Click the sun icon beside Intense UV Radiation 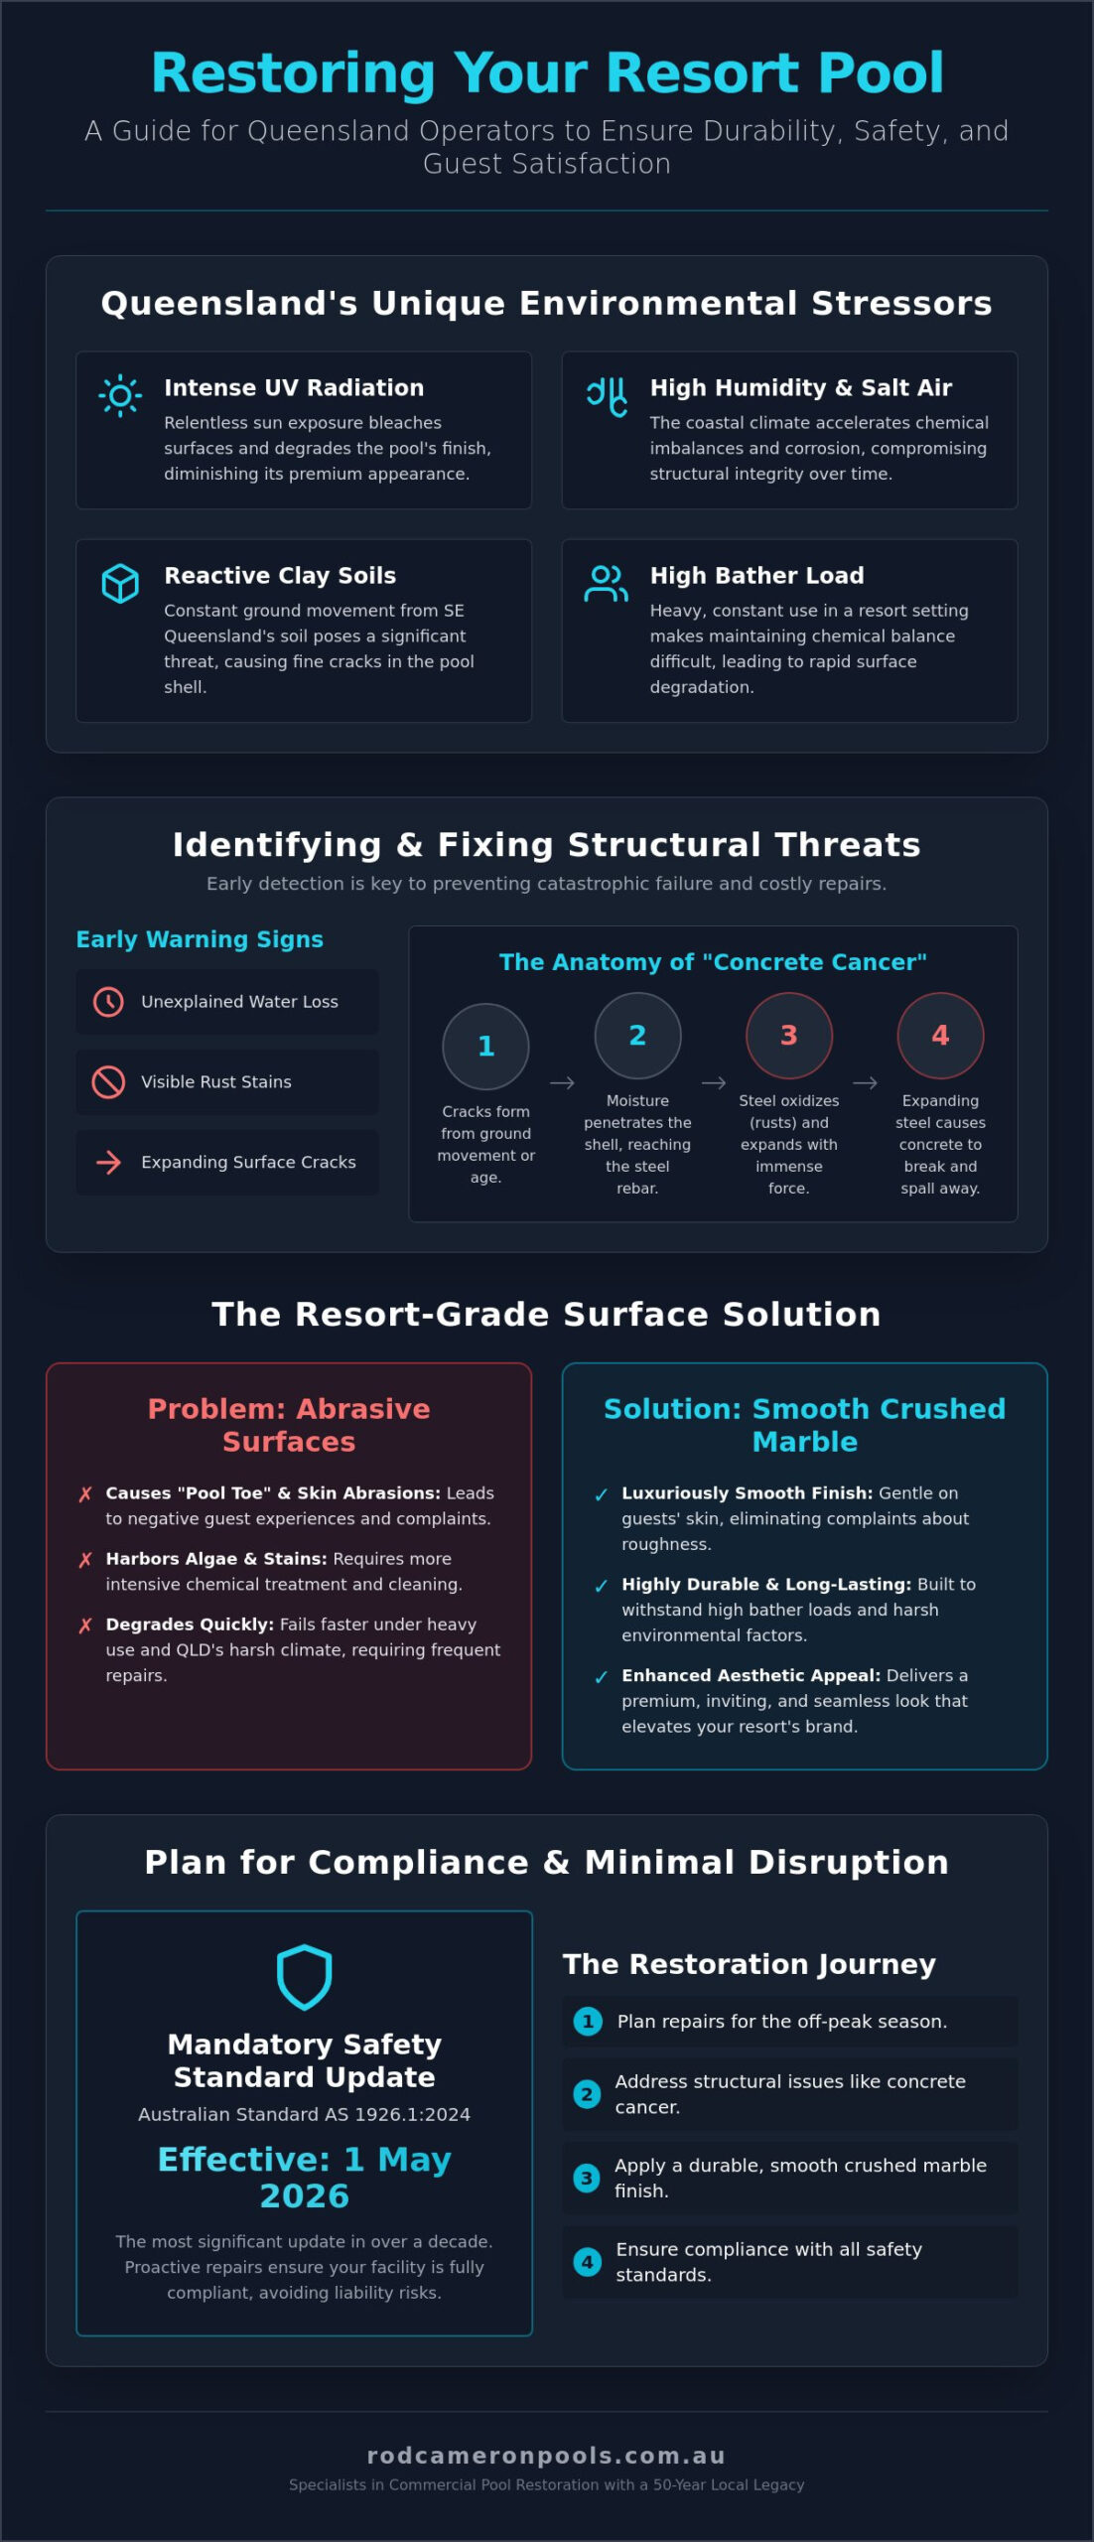tap(120, 396)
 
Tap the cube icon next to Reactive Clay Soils tap(120, 584)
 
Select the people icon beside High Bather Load tap(606, 584)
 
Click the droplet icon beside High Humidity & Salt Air tap(607, 396)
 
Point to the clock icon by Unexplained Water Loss tap(108, 1002)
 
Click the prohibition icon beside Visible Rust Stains tap(108, 1082)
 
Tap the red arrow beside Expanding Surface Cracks tap(108, 1163)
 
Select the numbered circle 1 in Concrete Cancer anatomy tap(485, 1047)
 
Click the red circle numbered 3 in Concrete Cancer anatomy tap(789, 1036)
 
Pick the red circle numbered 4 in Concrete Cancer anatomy tap(940, 1036)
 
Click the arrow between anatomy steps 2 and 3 tap(714, 1083)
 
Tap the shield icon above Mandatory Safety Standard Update tap(304, 1977)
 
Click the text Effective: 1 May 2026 tap(304, 2178)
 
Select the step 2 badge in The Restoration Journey tap(587, 2094)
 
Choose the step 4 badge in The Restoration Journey tap(587, 2262)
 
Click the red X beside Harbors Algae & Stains tap(85, 1560)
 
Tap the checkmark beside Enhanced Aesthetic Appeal tap(601, 1677)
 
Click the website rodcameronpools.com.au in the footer tap(547, 2456)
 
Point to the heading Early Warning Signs tap(200, 939)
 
